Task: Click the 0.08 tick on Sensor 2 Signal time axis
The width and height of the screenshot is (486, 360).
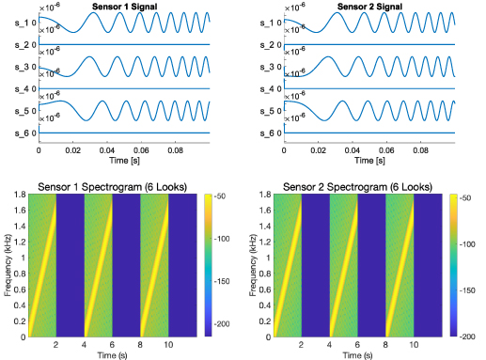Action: click(x=423, y=149)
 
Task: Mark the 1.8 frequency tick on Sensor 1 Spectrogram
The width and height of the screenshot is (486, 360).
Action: click(x=20, y=194)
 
